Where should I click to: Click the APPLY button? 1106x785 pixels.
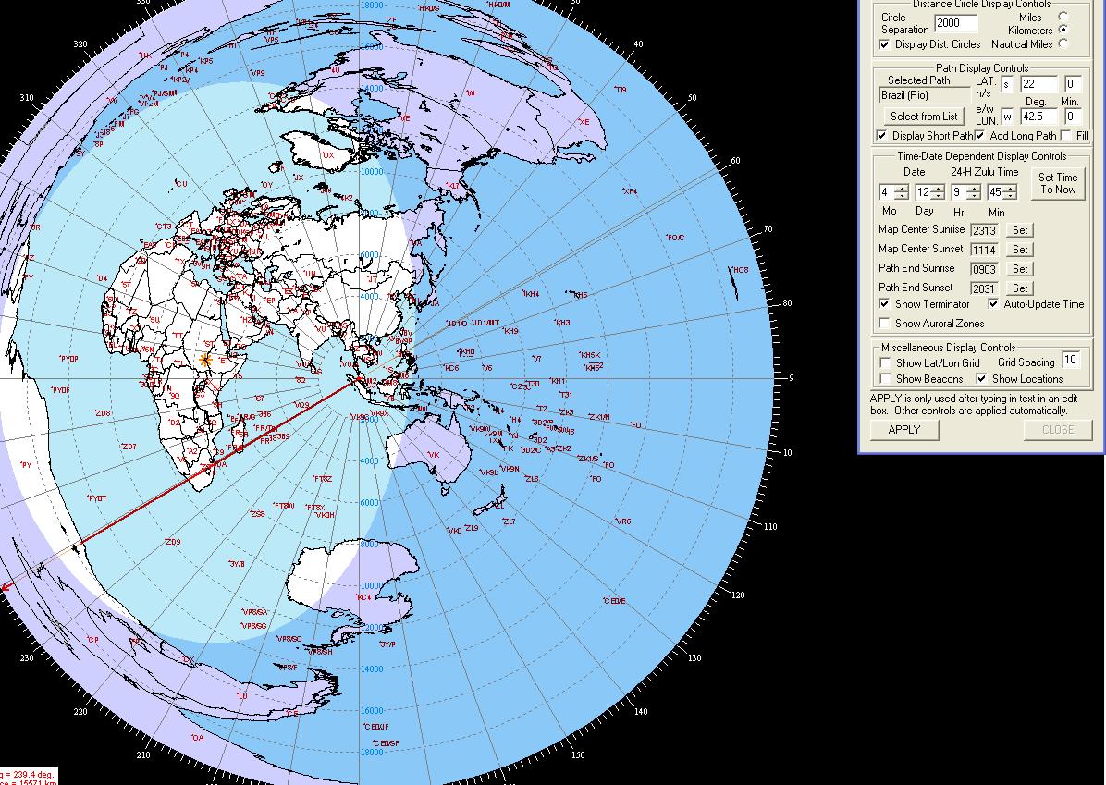903,429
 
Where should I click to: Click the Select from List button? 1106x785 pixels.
924,117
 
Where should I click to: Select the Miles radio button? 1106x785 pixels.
1063,17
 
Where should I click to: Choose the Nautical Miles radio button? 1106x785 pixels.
1063,43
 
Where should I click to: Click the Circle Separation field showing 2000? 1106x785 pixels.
955,23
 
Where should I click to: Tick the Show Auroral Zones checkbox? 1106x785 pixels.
886,324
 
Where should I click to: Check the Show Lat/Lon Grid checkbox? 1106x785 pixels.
886,363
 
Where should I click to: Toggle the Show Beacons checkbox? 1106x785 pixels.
886,379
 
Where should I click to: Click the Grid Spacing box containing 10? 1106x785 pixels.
1071,361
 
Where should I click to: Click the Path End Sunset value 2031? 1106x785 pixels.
984,288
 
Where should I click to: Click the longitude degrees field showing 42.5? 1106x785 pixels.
1038,117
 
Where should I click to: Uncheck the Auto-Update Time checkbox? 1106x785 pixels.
994,304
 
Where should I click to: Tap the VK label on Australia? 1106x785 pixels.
434,455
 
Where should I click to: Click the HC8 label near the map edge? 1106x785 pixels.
740,270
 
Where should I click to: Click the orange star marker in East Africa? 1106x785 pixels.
204,360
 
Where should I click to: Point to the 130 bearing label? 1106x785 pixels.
694,657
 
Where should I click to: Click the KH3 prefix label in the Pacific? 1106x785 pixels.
562,323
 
